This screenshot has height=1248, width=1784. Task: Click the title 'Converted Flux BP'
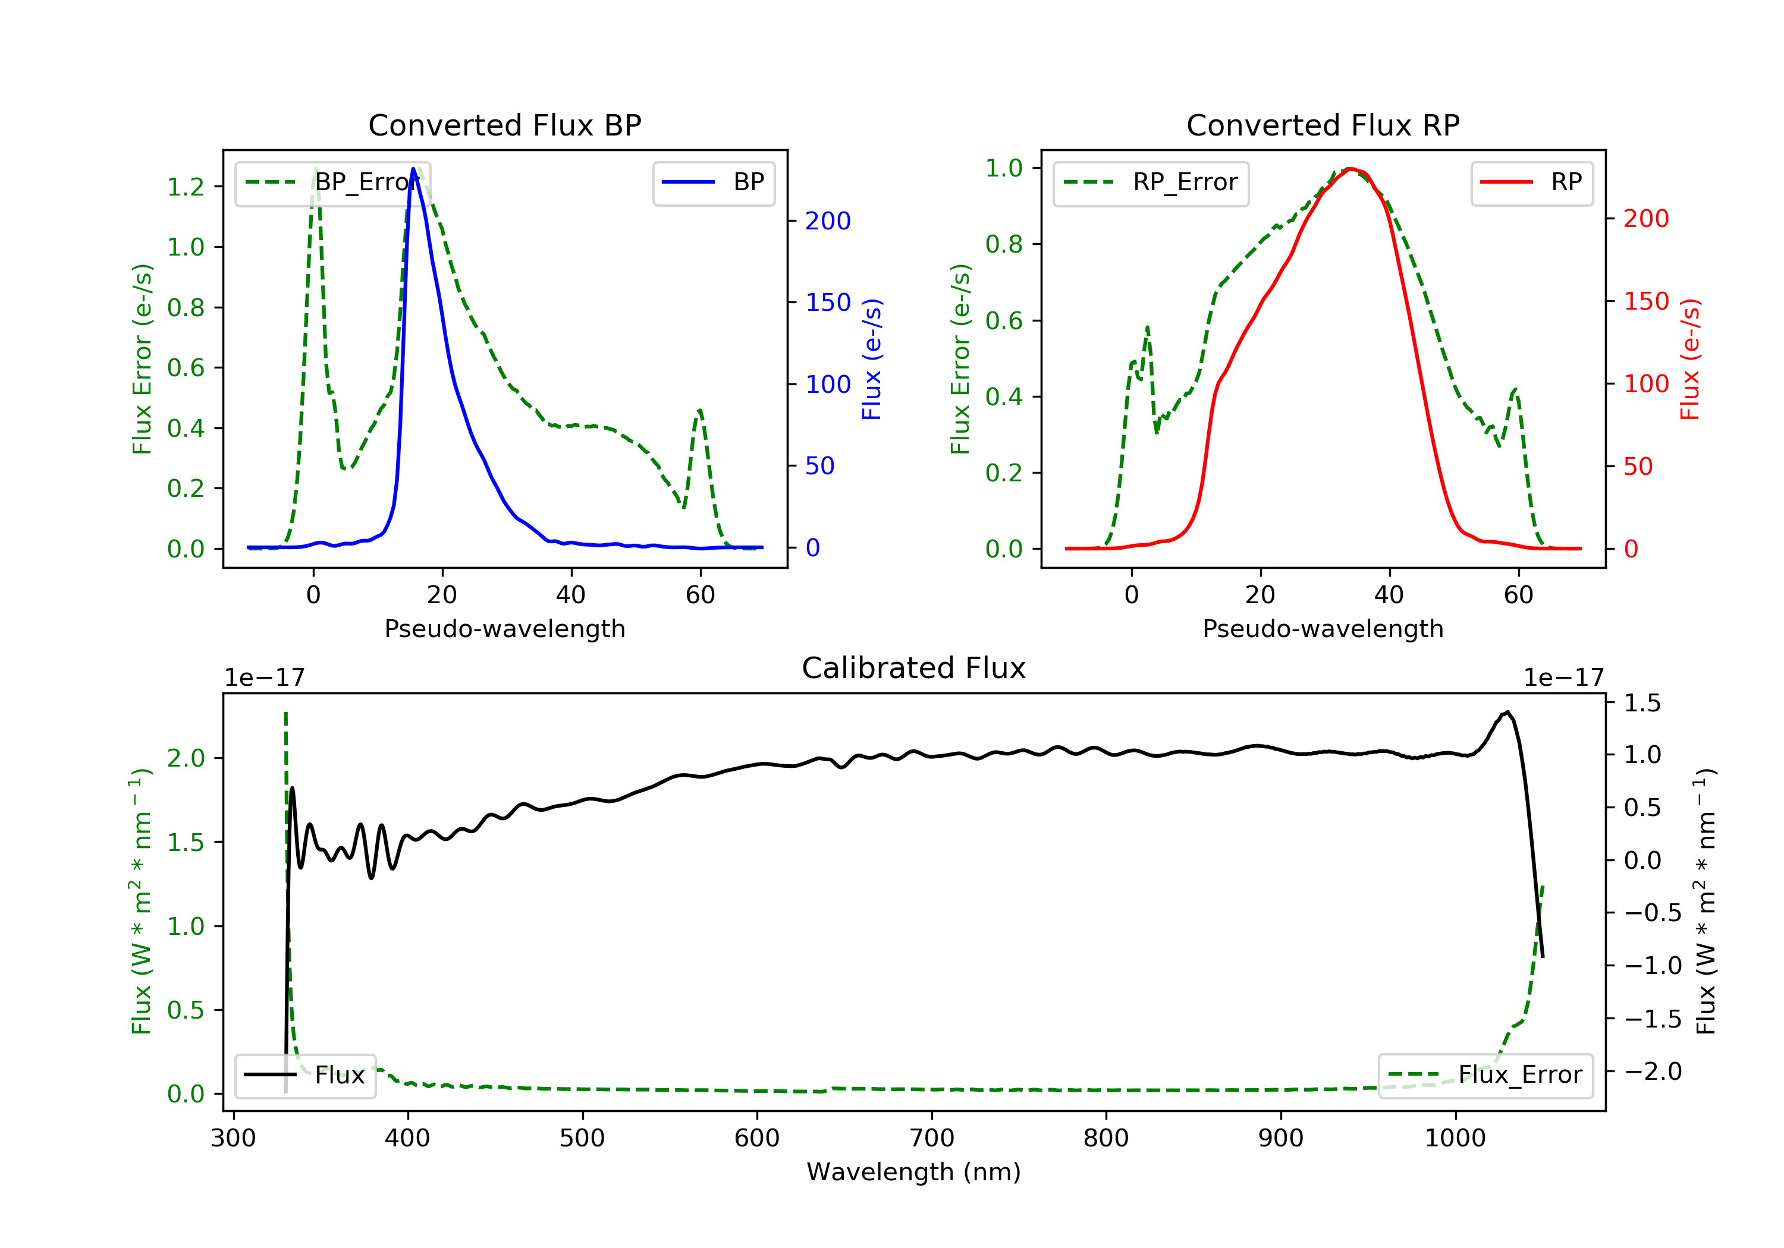coord(504,125)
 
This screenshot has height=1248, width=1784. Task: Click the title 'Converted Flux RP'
coord(1323,125)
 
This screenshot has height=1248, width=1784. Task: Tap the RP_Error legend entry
coord(1151,183)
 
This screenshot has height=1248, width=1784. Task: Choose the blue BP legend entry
coord(713,183)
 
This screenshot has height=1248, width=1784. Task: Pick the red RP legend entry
coord(1531,183)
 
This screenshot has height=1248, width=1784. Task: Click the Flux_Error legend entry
coord(1485,1075)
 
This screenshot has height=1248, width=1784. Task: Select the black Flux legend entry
coord(304,1075)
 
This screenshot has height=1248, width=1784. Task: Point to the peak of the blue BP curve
coord(413,169)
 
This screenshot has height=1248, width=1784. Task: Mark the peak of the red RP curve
coord(1350,169)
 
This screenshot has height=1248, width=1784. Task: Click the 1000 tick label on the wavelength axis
coord(1455,1139)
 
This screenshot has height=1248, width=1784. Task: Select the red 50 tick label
coord(1638,466)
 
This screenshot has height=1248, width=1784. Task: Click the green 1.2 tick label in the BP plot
coord(186,187)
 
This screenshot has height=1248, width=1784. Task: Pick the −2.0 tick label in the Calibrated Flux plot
coord(1653,1071)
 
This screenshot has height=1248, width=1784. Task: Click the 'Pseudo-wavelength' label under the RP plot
coord(1323,628)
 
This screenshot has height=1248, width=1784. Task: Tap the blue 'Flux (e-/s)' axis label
coord(872,359)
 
